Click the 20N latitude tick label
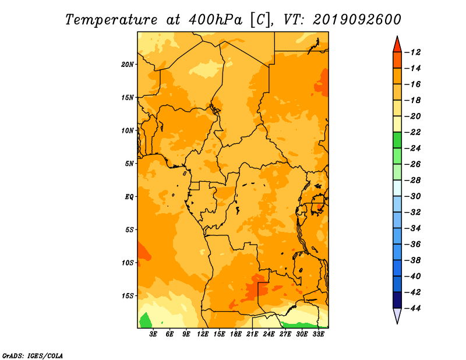127,65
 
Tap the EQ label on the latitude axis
129,197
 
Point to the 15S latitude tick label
127,296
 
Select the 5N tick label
129,164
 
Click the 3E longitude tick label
153,334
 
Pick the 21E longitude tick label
252,334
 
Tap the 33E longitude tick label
318,334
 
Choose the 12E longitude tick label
203,334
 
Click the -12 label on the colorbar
412,52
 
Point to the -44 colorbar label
412,308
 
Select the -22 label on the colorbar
412,132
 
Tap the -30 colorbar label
412,196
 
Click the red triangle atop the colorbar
397,45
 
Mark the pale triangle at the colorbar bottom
397,314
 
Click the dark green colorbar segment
397,140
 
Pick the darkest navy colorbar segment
397,300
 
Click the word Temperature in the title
111,20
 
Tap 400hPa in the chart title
215,20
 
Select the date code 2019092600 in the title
356,20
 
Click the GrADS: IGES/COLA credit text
33,356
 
